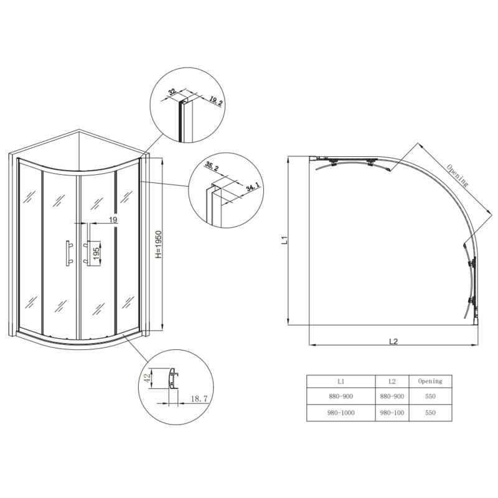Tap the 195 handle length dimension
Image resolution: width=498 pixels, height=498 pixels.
coord(96,253)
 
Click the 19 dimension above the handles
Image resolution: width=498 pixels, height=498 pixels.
coord(113,220)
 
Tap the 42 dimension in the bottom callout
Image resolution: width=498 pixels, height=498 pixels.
coord(147,377)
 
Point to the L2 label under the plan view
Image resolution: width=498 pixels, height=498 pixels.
coord(393,341)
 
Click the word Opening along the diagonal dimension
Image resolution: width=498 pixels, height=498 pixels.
coord(457,175)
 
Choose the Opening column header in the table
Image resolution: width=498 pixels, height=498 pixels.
coord(430,381)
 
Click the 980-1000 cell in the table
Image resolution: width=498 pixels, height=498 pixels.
coord(341,413)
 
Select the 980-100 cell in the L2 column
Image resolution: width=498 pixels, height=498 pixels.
coord(392,413)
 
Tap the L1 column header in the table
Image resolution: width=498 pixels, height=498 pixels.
coord(341,381)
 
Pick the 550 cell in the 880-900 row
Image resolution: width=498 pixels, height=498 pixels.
coord(430,397)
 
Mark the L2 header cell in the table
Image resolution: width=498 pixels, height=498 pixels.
coord(392,381)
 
